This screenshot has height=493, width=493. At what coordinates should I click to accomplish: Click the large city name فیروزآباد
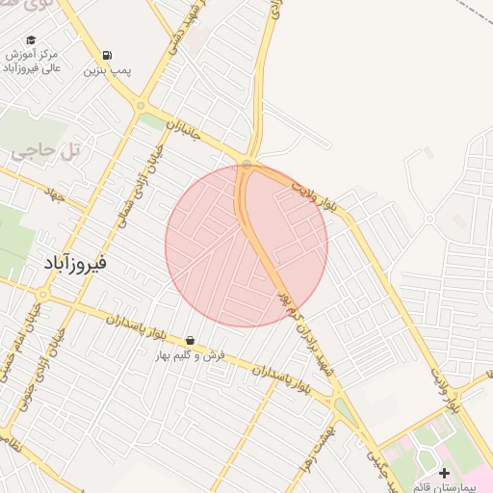[74, 262]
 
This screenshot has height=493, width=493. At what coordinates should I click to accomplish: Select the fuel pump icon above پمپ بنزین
[106, 55]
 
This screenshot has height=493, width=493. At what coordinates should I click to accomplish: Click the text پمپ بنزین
[106, 70]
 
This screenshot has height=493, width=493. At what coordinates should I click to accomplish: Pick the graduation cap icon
[31, 40]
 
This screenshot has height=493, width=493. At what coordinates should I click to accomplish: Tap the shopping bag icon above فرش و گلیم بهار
[191, 340]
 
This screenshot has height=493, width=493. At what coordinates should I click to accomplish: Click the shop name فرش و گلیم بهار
[192, 354]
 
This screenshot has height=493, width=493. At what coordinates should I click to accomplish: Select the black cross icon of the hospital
[444, 473]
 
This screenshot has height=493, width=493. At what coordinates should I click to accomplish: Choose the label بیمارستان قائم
[450, 486]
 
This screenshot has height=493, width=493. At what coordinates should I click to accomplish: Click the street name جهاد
[51, 193]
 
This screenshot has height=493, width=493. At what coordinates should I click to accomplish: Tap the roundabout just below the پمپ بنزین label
[142, 106]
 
